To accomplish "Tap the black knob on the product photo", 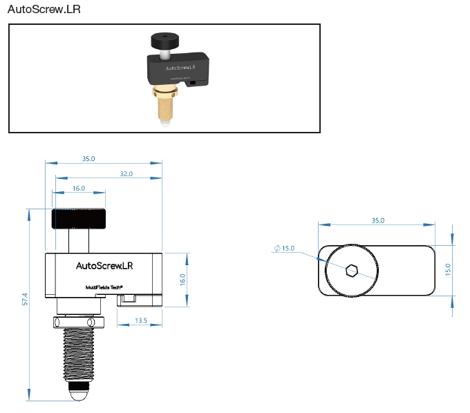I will click(164, 37).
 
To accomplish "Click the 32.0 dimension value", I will click(126, 173).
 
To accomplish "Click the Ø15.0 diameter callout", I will click(285, 248).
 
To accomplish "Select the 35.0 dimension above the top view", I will click(377, 220).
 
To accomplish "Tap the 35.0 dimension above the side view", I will click(88, 158).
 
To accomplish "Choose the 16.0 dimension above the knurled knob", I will click(78, 188).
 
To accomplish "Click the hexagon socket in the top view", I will click(350, 270).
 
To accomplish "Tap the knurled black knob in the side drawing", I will click(79, 219).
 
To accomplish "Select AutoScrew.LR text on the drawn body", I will click(104, 265).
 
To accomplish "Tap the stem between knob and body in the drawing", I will click(79, 241).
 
